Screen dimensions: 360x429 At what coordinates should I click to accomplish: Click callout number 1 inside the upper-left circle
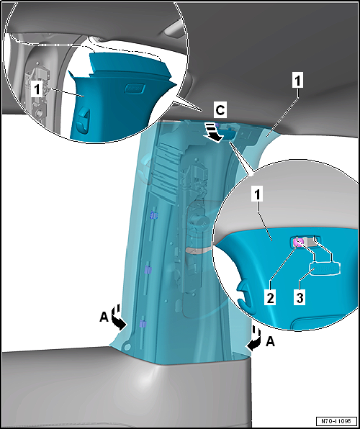pos(37,90)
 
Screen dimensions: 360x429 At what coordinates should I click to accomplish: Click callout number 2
pos(270,297)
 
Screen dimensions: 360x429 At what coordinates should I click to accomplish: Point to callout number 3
pos(300,297)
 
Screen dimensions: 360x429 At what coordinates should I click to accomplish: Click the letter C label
pos(220,111)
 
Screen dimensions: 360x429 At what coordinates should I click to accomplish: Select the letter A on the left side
pos(104,318)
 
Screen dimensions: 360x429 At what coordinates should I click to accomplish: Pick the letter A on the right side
pos(270,341)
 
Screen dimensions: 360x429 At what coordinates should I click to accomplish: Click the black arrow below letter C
pos(215,133)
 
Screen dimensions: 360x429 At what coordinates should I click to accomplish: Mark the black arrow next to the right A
pos(253,340)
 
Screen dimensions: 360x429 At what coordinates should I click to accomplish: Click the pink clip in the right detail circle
pos(297,242)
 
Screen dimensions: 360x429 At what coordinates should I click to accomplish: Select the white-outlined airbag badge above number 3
pos(325,268)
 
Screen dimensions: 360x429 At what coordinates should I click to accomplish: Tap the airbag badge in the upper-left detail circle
pos(135,89)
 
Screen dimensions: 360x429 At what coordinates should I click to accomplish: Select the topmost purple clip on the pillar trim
pos(154,216)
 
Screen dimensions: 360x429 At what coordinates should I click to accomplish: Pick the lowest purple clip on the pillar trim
pos(143,324)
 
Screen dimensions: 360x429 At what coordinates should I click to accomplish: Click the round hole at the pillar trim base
pos(127,346)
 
